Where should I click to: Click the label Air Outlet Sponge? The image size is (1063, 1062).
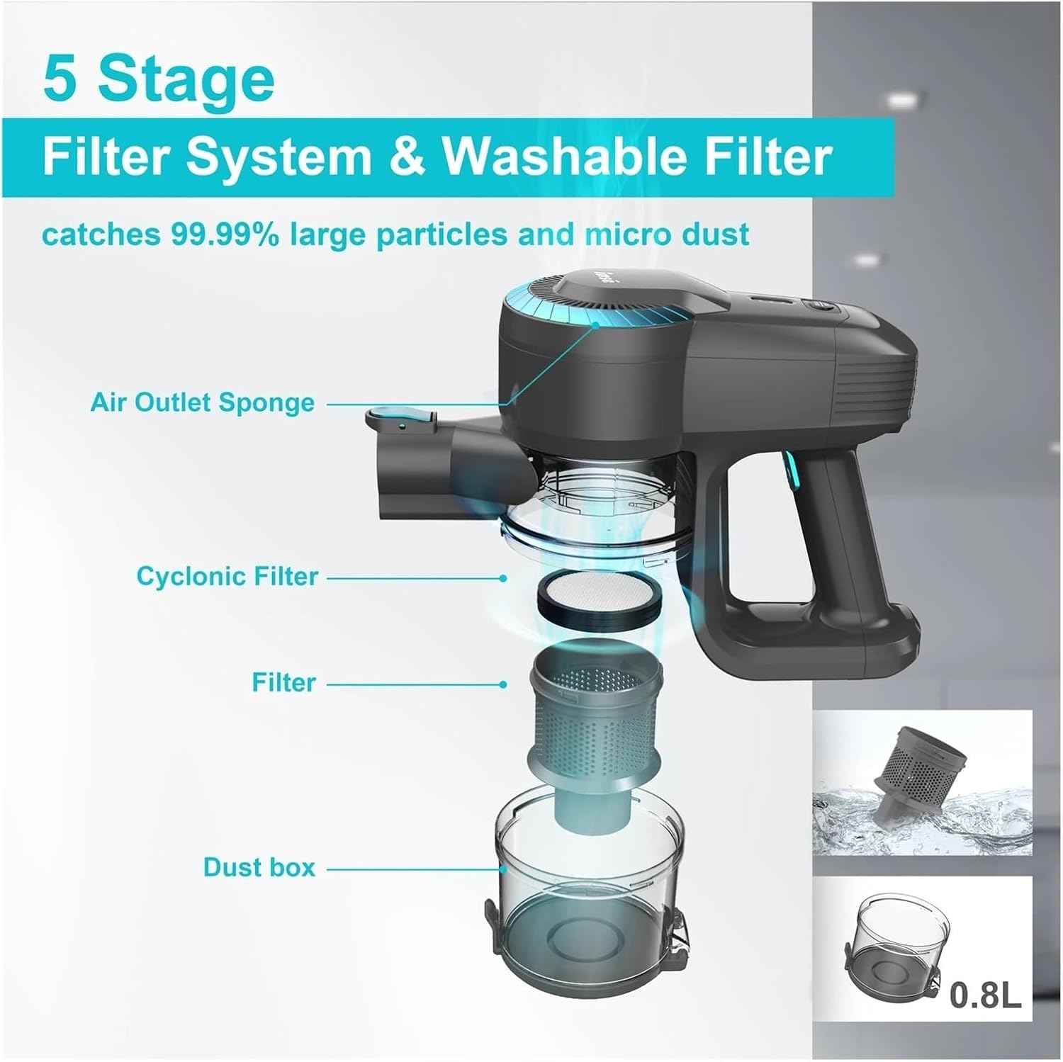click(x=202, y=402)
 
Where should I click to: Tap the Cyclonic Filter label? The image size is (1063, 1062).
click(x=227, y=576)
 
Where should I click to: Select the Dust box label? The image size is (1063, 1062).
click(x=259, y=867)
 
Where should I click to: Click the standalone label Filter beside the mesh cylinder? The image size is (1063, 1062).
click(x=283, y=682)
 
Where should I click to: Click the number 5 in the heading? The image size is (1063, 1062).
click(x=58, y=80)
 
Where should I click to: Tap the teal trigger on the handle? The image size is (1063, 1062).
click(x=788, y=470)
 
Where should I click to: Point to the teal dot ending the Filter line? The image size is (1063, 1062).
click(x=502, y=684)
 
